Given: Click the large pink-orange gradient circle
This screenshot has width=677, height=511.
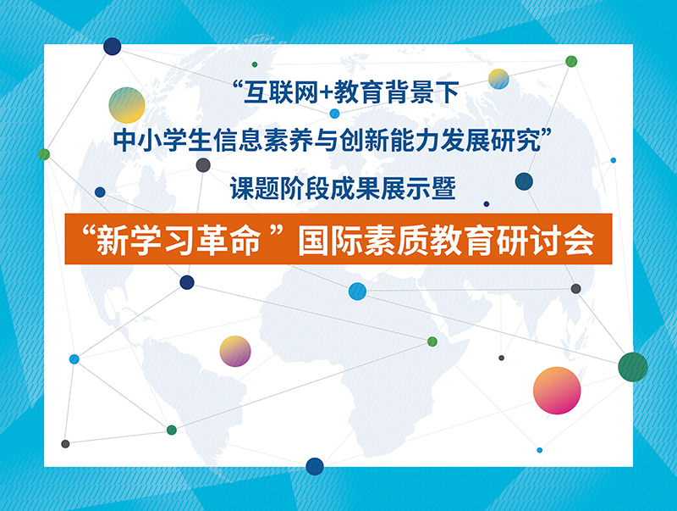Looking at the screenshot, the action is (557, 391).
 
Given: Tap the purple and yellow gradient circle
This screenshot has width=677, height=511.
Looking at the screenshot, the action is (235, 352).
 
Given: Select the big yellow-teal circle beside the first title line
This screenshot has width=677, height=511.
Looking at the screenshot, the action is (126, 105).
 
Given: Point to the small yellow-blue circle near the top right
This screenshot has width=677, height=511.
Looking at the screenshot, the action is (498, 79).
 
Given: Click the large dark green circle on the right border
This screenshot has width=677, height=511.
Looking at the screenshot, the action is (633, 367).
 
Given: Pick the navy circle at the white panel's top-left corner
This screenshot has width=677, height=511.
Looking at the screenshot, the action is (113, 47).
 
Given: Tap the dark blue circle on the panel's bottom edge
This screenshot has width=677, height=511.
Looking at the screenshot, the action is (315, 466).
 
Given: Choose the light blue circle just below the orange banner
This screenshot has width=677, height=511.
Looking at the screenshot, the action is (357, 292).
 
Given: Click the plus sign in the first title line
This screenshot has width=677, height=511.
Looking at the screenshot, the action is (326, 92).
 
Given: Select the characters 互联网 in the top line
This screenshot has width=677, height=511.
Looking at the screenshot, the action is (281, 92).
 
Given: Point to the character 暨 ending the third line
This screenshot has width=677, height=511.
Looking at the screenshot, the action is (443, 189).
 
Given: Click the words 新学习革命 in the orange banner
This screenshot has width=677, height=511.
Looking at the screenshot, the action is (179, 241).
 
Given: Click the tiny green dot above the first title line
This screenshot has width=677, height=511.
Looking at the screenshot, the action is (255, 64).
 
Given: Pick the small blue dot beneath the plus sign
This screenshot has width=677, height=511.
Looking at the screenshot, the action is (334, 114).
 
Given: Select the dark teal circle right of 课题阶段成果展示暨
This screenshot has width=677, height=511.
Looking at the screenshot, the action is (524, 181).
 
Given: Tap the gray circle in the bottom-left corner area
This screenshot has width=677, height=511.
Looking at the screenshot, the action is (65, 443).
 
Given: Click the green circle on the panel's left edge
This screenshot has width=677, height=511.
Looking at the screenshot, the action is (44, 154).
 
